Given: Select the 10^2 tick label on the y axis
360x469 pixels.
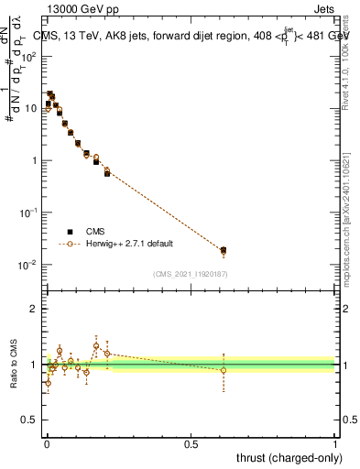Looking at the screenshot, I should [30, 57].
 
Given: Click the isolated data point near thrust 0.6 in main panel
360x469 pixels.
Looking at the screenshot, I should [224, 250].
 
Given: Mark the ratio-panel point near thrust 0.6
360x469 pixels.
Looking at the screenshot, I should [224, 370].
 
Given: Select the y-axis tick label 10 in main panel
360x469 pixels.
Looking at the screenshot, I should [32, 108].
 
